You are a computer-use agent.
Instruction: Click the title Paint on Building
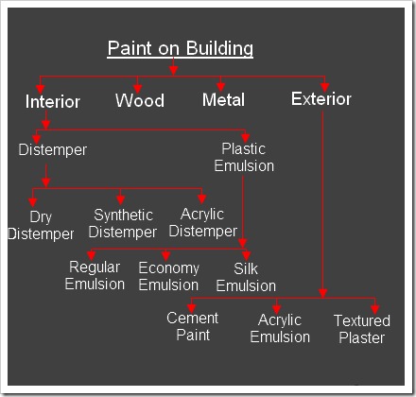pos(181,48)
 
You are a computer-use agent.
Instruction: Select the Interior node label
pos(53,102)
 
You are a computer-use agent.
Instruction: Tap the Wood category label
pos(140,100)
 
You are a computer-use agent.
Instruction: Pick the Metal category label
pos(223,99)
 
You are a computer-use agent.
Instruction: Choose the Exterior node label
pos(321,98)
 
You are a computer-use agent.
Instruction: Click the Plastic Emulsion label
pos(244,157)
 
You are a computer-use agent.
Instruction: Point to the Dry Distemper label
pos(41,225)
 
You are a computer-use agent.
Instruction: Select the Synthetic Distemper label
pos(123,223)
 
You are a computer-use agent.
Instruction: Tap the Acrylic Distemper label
pos(203,222)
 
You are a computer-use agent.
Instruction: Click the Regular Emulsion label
pos(95,275)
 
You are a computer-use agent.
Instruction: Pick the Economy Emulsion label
pos(168,276)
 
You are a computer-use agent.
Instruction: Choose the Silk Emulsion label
pos(246,277)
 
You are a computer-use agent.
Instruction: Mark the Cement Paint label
pos(193,326)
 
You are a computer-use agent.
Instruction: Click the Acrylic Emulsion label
pos(280,328)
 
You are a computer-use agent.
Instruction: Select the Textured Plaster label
pos(362,329)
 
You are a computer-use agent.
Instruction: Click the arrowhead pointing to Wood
pos(137,89)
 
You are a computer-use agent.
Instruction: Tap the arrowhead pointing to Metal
pos(221,87)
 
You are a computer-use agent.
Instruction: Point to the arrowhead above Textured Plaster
pos(374,309)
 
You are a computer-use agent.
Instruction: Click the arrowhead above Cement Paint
pos(192,309)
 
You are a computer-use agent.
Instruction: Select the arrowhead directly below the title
pos(173,70)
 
